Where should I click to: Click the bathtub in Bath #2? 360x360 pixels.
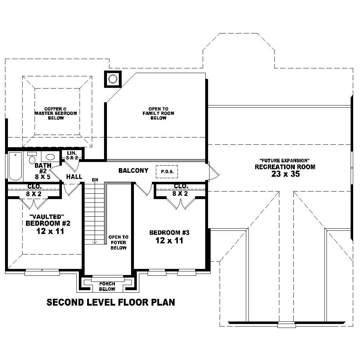15,166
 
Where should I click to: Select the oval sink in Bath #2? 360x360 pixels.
50,157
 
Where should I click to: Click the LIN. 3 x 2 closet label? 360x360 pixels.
71,155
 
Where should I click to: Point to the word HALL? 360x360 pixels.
75,177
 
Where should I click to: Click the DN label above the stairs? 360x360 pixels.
95,179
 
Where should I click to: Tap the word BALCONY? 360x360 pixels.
133,171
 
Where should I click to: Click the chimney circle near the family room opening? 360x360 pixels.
113,79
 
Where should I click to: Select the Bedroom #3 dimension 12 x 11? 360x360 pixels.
169,241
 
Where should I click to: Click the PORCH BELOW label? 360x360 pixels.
107,287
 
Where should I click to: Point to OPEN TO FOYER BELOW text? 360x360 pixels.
118,242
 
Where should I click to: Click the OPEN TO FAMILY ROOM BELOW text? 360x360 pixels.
158,113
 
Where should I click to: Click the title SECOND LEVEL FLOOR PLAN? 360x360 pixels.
111,302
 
